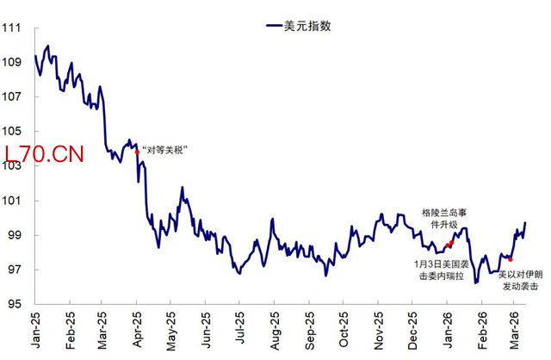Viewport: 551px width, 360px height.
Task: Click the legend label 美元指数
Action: point(308,26)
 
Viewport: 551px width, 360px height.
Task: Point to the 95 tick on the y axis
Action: point(14,304)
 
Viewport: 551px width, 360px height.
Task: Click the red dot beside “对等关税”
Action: point(137,152)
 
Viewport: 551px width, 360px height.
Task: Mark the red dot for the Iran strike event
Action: point(511,258)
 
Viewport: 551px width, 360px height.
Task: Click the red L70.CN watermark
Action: point(44,155)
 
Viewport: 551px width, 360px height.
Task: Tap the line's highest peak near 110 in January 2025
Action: point(47,46)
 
